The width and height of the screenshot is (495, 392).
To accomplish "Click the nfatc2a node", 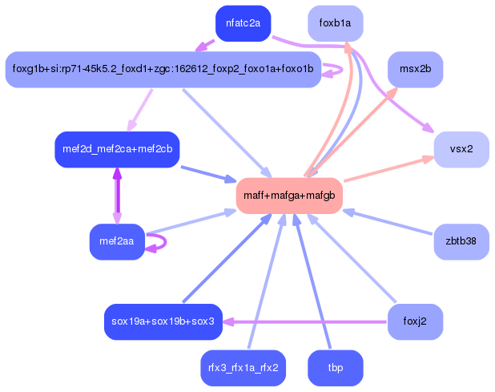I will coord(243,23).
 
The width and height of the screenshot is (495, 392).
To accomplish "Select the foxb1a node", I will coord(335,23).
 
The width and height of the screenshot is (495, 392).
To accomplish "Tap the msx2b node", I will coord(415,70).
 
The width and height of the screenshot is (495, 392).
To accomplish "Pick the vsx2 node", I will coord(461,149).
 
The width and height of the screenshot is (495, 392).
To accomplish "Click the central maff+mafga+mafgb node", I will coord(289,196).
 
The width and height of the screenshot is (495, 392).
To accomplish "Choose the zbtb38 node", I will coord(461,241).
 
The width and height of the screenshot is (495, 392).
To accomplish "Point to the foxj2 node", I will coord(415,321).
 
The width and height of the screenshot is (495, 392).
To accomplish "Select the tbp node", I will coord(335,368).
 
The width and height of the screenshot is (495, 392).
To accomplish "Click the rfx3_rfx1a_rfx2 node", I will coord(243,368).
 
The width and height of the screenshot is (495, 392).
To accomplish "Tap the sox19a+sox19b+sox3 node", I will coord(163,321).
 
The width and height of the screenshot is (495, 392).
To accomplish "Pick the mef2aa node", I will coord(117,241).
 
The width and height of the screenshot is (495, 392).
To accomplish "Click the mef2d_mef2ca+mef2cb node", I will coord(117,149).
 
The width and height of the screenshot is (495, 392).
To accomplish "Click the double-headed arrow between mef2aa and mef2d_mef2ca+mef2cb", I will coord(117,196).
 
